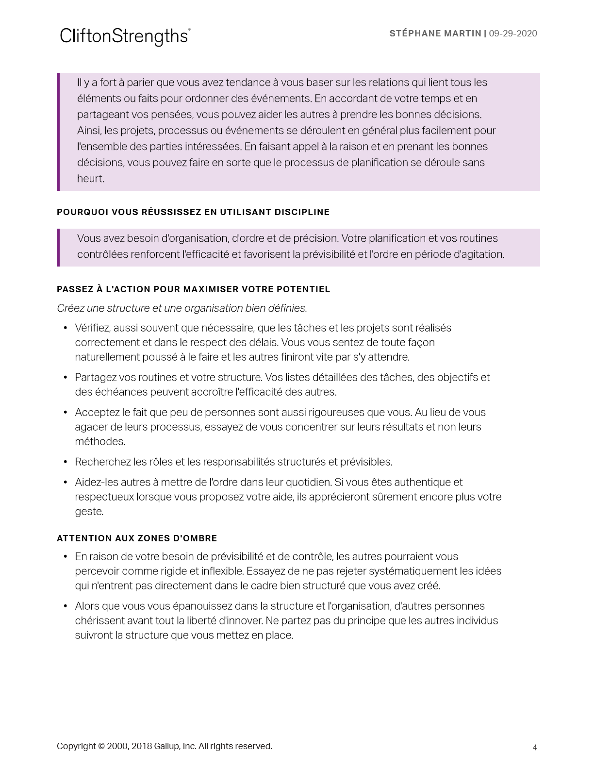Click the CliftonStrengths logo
[x=125, y=36]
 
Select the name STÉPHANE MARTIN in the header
[x=435, y=33]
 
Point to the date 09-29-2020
[x=513, y=33]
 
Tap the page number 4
[x=535, y=747]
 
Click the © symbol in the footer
[x=101, y=746]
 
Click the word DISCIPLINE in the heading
[x=302, y=212]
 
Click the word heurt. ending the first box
[x=91, y=179]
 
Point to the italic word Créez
[x=71, y=308]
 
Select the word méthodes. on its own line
[x=100, y=442]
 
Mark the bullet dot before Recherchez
[x=66, y=462]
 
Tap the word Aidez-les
[x=95, y=483]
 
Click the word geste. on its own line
[x=89, y=512]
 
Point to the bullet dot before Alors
[x=66, y=606]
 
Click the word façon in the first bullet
[x=421, y=343]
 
